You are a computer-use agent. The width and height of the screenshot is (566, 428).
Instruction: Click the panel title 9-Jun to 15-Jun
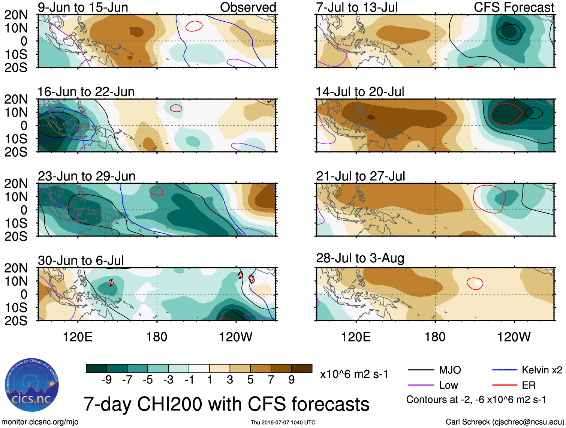coord(83,7)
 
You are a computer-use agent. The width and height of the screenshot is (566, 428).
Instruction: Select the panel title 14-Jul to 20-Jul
coord(360,92)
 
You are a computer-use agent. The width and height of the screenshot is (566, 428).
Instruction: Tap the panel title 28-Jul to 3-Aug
coord(360,258)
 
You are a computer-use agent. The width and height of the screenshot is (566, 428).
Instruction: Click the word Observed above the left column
coord(248,7)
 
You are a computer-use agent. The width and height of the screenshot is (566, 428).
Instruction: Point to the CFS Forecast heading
coord(514,7)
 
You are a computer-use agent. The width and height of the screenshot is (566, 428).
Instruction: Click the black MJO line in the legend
coord(421,370)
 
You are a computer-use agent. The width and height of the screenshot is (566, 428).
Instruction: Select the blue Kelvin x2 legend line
coord(505,370)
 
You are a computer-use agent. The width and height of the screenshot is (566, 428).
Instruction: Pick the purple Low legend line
coord(421,385)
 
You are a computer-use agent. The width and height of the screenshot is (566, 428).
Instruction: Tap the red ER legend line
coord(505,385)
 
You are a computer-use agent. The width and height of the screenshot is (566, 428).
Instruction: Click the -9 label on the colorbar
coord(107,380)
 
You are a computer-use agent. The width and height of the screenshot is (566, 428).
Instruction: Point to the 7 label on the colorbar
coord(271,380)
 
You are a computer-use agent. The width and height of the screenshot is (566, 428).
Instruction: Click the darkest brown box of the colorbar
coord(302,368)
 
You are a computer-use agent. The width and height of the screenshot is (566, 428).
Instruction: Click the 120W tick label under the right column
coord(514,337)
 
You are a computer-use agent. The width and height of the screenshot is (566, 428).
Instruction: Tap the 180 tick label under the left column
coord(157,337)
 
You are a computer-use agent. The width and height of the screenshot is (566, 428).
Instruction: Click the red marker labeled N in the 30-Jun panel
coord(111,283)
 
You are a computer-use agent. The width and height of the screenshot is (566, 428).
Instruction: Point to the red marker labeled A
coord(241,275)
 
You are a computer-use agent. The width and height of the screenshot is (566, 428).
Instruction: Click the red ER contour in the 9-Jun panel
coord(194,26)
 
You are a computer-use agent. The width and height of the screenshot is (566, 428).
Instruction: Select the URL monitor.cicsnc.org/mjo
coord(40,422)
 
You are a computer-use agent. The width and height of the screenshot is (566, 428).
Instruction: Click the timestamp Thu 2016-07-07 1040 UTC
coord(283,422)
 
